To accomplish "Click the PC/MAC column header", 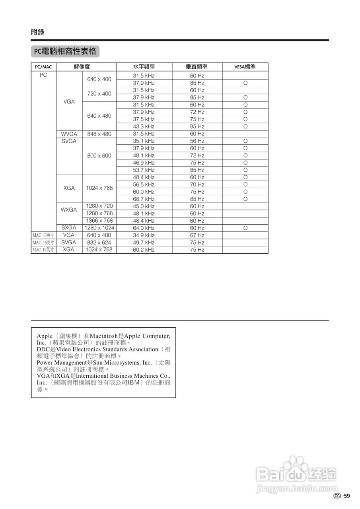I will [43, 67].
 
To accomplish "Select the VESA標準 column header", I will [245, 67].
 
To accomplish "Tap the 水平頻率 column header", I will [144, 67].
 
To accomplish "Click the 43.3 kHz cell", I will [144, 126].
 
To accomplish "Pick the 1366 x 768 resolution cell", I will [99, 221].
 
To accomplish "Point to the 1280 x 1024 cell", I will [99, 228].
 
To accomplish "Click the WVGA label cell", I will [69, 134].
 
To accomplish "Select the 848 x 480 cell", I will [99, 134].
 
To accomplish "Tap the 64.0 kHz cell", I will [144, 228].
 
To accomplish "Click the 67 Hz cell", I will [197, 235].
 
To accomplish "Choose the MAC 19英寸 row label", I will [43, 250].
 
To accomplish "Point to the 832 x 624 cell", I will [99, 243].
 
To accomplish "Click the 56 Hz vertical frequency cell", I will [197, 141].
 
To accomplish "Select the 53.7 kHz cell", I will [144, 170].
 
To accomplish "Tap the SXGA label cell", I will [69, 228].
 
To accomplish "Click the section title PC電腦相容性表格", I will [65, 51].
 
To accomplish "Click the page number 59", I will [347, 496].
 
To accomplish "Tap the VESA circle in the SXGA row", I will [245, 228].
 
